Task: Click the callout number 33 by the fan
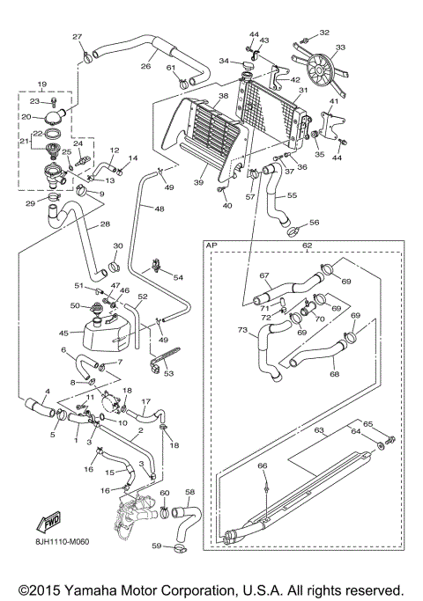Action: [340, 48]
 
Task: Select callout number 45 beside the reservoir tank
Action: [63, 333]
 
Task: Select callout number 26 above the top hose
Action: [146, 65]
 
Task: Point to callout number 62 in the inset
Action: [307, 246]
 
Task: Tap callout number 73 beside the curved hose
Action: [241, 329]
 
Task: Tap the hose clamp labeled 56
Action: [293, 232]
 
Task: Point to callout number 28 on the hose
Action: [106, 224]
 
